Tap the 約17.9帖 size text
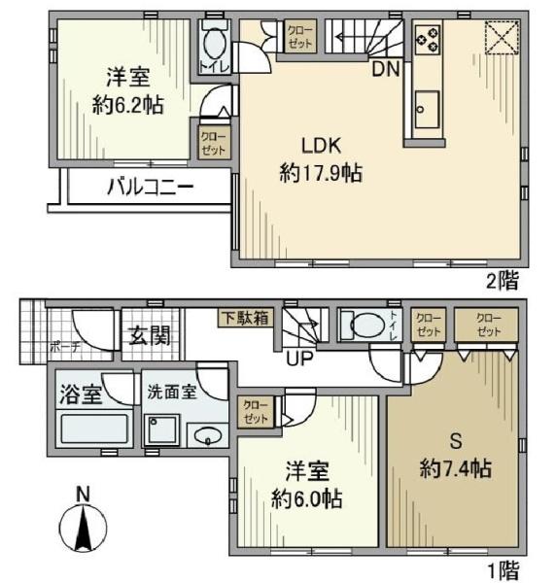(x=321, y=174)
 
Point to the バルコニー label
(x=150, y=189)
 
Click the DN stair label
(x=384, y=69)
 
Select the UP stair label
(x=298, y=359)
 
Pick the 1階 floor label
(x=502, y=566)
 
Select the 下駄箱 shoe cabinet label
(x=244, y=317)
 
